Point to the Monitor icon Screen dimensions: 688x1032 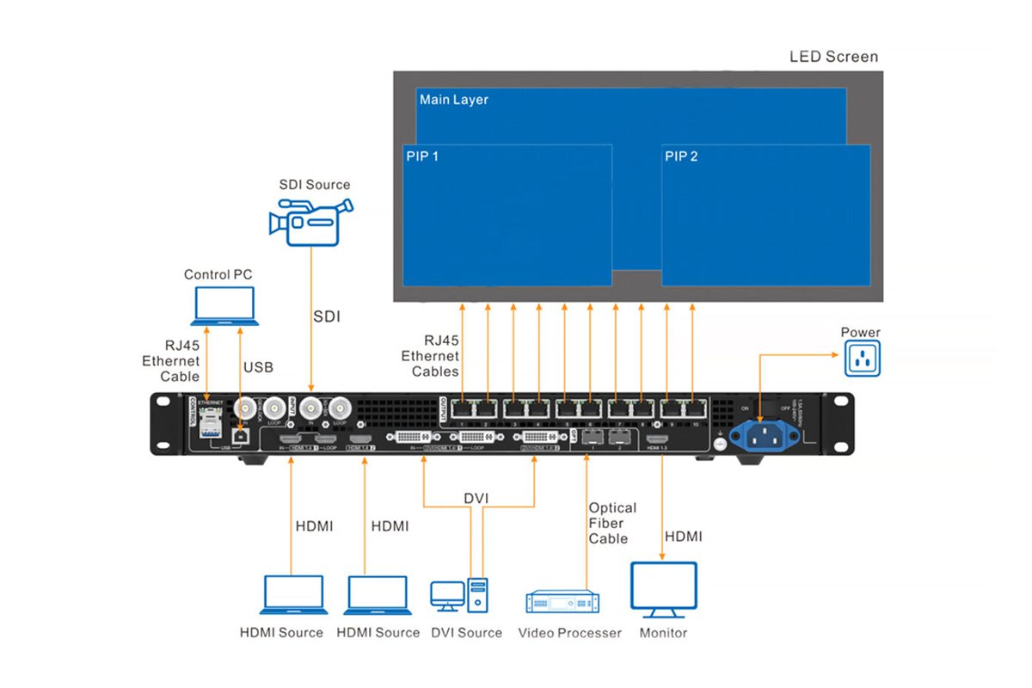click(x=663, y=589)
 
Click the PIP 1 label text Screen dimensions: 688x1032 click(x=422, y=157)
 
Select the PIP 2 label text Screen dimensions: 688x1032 click(x=681, y=157)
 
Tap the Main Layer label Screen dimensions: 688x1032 click(x=453, y=100)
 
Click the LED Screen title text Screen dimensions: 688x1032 click(x=833, y=57)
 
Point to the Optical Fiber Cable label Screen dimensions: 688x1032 click(x=612, y=523)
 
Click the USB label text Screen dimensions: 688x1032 click(x=257, y=367)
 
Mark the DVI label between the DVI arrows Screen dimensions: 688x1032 click(x=476, y=500)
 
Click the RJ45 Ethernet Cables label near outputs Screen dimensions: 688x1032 click(x=429, y=356)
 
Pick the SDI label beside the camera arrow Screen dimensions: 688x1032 click(x=327, y=316)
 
